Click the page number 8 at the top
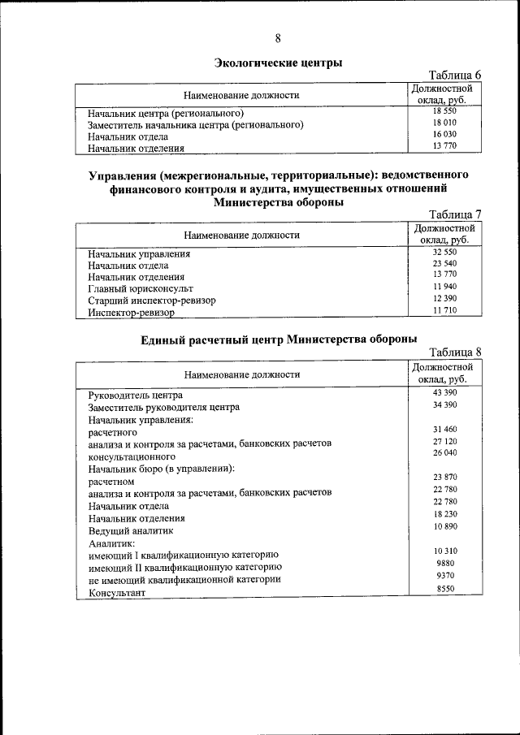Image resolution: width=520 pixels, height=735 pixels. [x=279, y=39]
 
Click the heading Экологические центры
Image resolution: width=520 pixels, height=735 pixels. [x=278, y=63]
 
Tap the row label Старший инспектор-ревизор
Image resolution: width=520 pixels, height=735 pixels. [x=153, y=300]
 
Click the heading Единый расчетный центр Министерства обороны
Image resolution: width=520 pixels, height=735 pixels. [x=275, y=339]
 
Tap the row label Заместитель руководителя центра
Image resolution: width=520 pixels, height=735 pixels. [x=164, y=407]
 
